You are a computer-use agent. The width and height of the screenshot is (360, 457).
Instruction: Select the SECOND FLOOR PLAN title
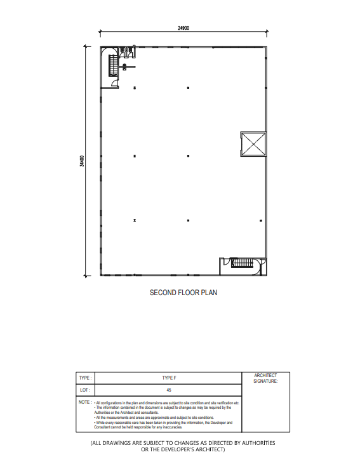[x=183, y=293]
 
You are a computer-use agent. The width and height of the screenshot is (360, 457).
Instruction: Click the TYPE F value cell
[x=169, y=378]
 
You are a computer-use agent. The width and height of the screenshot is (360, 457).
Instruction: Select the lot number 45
[x=169, y=390]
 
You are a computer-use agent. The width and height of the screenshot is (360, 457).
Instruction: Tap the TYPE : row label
[x=85, y=378]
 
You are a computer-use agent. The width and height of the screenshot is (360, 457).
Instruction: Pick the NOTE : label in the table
[x=85, y=402]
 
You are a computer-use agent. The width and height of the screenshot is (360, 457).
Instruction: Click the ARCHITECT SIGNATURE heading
[x=265, y=378]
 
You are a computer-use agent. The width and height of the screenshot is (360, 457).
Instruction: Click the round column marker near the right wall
[x=261, y=220]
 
